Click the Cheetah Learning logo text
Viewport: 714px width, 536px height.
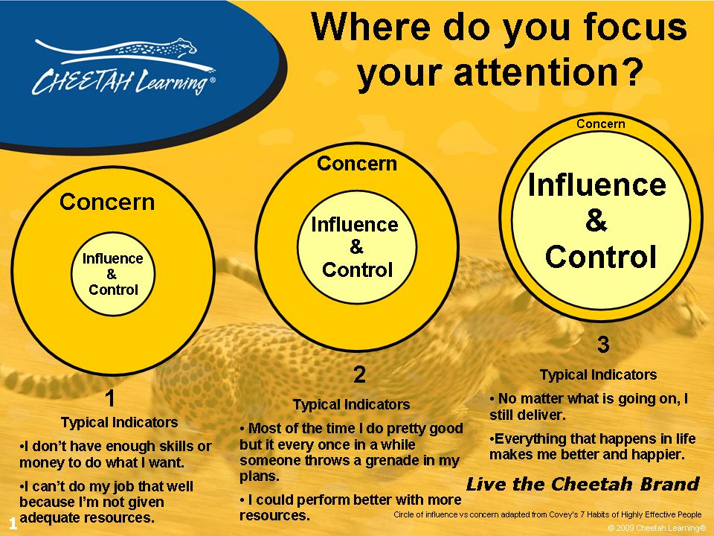[x=123, y=82]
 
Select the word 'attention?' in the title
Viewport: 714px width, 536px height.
[x=548, y=72]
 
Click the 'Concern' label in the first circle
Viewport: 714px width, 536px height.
[x=107, y=202]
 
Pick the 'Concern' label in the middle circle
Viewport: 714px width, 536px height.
[x=357, y=164]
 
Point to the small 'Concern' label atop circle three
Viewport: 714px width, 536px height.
[x=601, y=124]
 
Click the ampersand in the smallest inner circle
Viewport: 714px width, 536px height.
[x=112, y=274]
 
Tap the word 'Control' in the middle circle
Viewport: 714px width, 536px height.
[x=358, y=269]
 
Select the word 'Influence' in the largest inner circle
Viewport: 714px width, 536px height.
[x=597, y=185]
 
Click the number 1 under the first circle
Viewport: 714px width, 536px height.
[x=110, y=398]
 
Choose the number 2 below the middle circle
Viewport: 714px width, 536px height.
[x=360, y=374]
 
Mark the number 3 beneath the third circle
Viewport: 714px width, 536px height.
[x=603, y=345]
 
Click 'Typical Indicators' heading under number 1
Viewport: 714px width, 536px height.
[x=119, y=423]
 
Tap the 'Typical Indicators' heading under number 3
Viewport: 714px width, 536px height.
[x=598, y=374]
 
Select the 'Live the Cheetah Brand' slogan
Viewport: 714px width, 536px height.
[x=583, y=484]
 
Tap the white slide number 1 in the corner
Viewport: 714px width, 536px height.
[x=13, y=523]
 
